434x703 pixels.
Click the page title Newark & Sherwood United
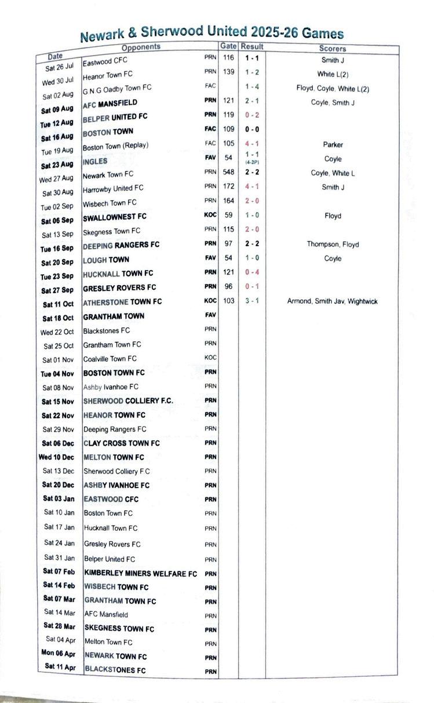pos(211,34)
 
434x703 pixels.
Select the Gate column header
pos(228,46)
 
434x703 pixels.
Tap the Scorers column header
pos(332,49)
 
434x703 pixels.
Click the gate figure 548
pos(228,173)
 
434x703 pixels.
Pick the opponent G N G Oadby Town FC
pos(117,88)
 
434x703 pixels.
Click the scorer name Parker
pos(333,144)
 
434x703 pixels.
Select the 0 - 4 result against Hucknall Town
pos(251,272)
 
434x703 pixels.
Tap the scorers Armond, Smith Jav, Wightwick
pos(332,301)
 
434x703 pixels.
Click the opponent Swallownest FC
pos(115,217)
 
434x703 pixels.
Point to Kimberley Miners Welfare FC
pos(141,573)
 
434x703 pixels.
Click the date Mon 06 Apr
pos(59,653)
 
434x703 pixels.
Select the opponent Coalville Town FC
pos(110,359)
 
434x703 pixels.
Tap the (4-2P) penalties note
pos(251,163)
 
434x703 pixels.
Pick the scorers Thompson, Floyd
pos(333,245)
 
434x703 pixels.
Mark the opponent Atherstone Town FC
pos(122,302)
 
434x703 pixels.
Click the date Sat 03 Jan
pos(59,498)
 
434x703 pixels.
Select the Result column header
pos(252,46)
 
